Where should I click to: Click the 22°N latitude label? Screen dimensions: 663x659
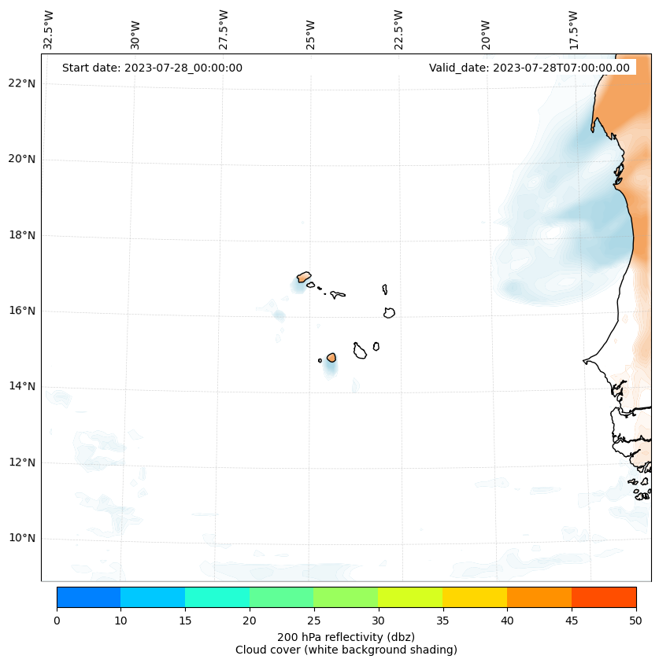pos(22,83)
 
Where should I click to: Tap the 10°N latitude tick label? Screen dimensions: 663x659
pos(22,538)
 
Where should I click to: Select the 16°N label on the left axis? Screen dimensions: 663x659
pos(22,311)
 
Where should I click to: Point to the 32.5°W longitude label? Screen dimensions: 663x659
pos(49,30)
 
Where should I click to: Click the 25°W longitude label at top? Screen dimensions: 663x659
pos(311,35)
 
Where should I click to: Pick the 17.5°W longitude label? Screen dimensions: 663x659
pos(573,30)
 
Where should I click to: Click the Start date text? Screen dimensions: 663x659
pos(152,68)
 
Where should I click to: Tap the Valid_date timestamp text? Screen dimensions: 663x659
pos(529,68)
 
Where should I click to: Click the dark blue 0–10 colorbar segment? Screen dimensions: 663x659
pos(88,597)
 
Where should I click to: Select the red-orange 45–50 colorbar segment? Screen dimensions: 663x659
pos(603,597)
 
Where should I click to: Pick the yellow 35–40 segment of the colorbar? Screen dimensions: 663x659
pos(474,597)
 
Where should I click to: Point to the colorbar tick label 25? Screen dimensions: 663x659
pos(313,621)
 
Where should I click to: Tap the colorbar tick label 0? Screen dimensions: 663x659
pos(57,621)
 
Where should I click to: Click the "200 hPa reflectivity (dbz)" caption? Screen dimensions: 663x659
pos(346,636)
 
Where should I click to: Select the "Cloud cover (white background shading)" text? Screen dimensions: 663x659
pos(346,650)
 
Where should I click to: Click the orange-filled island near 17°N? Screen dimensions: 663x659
pos(304,277)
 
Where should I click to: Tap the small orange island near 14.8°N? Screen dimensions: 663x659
pos(331,357)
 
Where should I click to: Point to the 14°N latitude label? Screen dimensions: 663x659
pos(22,386)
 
